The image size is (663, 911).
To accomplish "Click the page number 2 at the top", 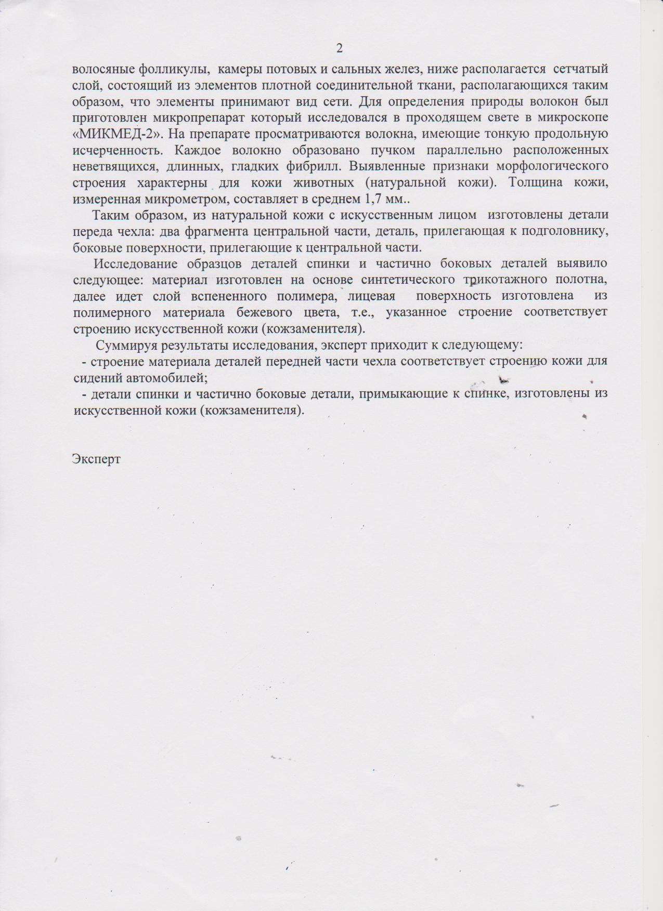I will [x=340, y=48].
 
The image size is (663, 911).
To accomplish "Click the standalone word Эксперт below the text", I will [x=97, y=459].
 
